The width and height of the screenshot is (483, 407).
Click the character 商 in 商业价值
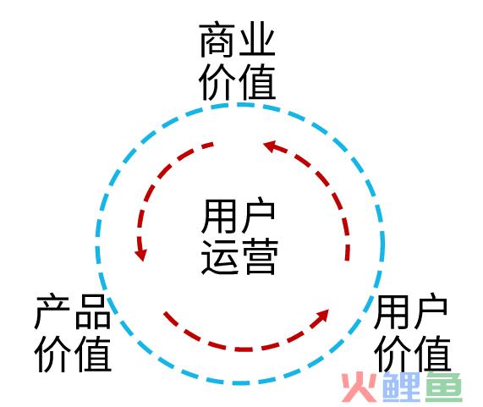click(217, 40)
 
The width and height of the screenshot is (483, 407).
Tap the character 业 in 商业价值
click(257, 40)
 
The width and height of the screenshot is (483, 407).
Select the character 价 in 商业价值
click(217, 83)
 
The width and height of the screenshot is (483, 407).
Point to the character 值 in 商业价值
click(257, 83)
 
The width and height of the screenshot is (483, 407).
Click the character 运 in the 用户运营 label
click(219, 256)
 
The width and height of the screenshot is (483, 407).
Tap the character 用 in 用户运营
click(219, 216)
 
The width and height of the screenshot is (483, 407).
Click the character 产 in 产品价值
click(52, 311)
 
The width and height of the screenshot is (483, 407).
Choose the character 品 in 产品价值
click(92, 311)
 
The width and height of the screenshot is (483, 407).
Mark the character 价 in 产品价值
click(52, 354)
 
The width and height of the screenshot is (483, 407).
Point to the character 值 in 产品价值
click(93, 354)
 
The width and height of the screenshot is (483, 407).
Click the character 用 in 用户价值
click(391, 311)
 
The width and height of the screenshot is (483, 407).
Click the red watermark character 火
click(360, 388)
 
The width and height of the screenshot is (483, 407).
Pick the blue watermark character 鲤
click(401, 387)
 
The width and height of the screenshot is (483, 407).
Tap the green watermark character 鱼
click(443, 387)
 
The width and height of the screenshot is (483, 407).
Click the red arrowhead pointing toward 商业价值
click(271, 146)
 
